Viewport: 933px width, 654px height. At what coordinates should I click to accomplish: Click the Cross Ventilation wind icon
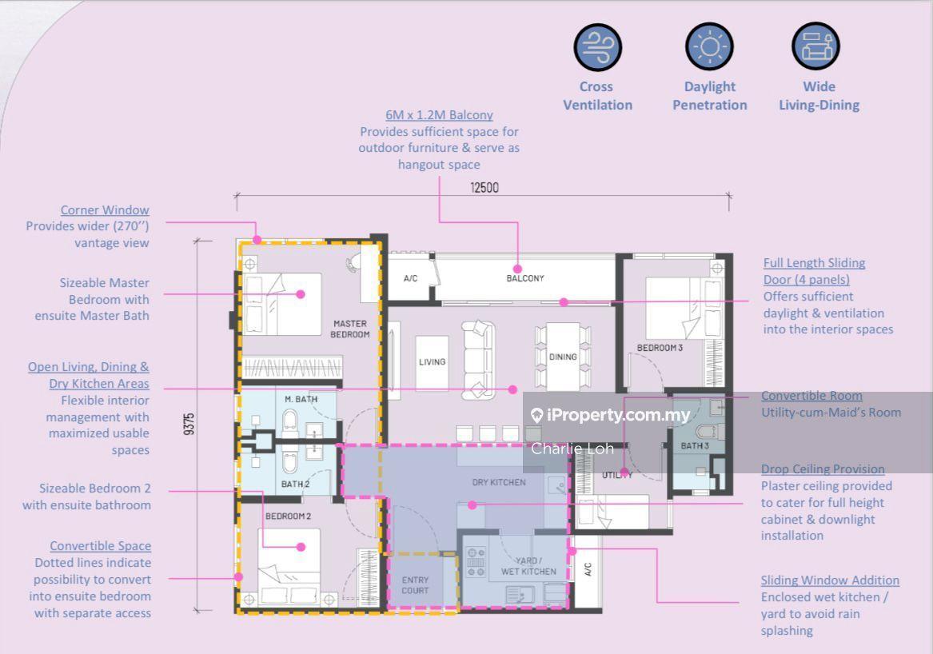[597, 47]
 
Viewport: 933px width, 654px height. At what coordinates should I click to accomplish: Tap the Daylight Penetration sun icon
[709, 46]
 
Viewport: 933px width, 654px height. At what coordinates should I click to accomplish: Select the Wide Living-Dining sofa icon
[815, 46]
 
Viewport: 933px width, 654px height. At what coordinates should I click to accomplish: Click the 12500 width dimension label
[484, 187]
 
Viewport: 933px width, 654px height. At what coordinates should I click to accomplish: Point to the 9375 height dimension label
[189, 424]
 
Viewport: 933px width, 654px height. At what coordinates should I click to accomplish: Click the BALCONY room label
[524, 278]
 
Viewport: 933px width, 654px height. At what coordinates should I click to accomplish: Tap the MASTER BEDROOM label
[350, 329]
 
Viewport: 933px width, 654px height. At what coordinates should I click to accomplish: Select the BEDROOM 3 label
[660, 348]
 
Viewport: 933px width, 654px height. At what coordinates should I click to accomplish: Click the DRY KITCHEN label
[499, 482]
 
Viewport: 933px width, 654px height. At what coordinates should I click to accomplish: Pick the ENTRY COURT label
[415, 585]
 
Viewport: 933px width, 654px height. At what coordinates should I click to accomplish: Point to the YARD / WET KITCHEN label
[528, 566]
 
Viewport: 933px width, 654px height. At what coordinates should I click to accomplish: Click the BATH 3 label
[695, 445]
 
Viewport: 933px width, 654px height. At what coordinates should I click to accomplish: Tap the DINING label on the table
[563, 357]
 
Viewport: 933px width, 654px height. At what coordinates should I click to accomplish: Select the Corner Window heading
[105, 210]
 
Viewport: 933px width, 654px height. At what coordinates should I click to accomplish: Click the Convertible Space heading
[101, 546]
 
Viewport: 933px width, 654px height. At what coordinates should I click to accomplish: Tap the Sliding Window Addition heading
[830, 580]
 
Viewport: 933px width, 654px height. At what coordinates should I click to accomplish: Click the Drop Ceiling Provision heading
[823, 469]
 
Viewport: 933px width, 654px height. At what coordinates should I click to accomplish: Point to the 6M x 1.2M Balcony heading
[439, 115]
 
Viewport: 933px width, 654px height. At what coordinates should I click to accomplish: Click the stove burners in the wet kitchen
[476, 562]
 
